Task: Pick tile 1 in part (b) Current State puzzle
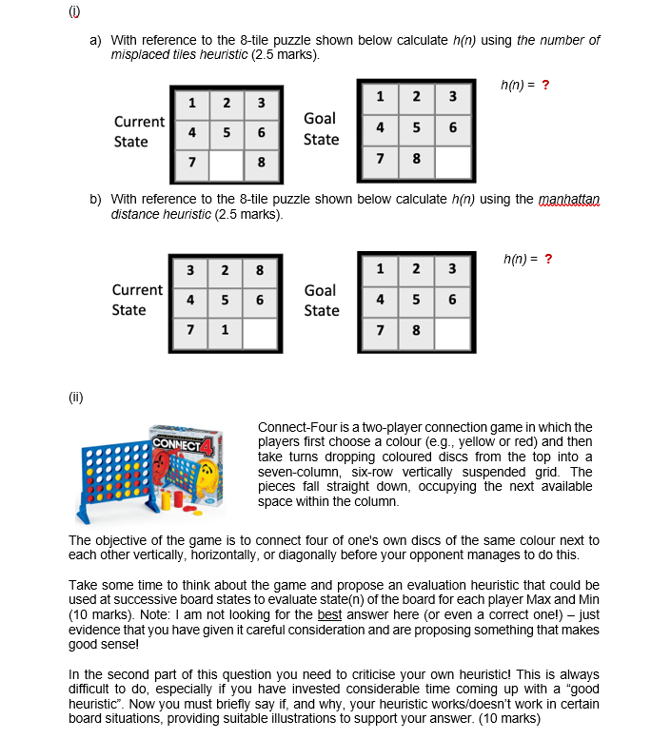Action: tap(225, 331)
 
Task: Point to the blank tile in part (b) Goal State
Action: tap(451, 331)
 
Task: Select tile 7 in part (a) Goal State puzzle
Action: tap(381, 158)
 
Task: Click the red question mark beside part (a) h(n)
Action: tap(545, 85)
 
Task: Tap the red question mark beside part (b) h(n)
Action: tap(547, 258)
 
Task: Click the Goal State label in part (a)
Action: tap(320, 128)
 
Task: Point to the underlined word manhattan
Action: tap(570, 199)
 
